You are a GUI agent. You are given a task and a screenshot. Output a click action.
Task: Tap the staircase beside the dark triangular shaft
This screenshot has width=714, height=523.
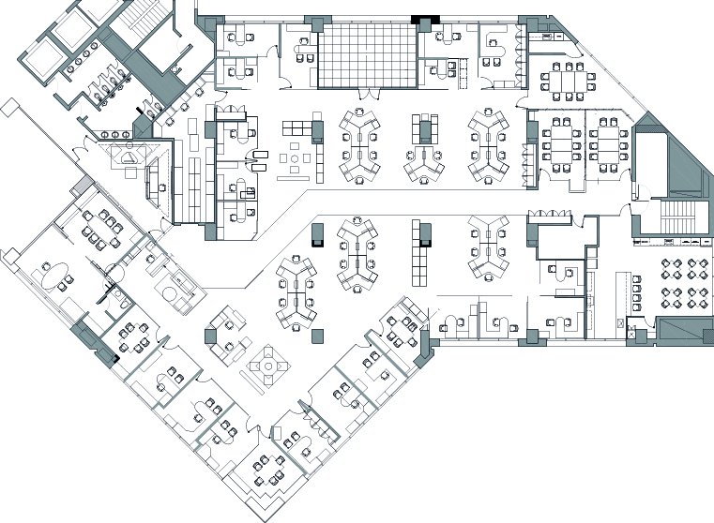coord(674,217)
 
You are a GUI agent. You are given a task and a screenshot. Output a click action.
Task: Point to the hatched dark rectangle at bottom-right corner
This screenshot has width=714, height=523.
coord(685,329)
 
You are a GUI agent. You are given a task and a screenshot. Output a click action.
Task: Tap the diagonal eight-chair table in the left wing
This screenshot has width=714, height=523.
coord(99,229)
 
